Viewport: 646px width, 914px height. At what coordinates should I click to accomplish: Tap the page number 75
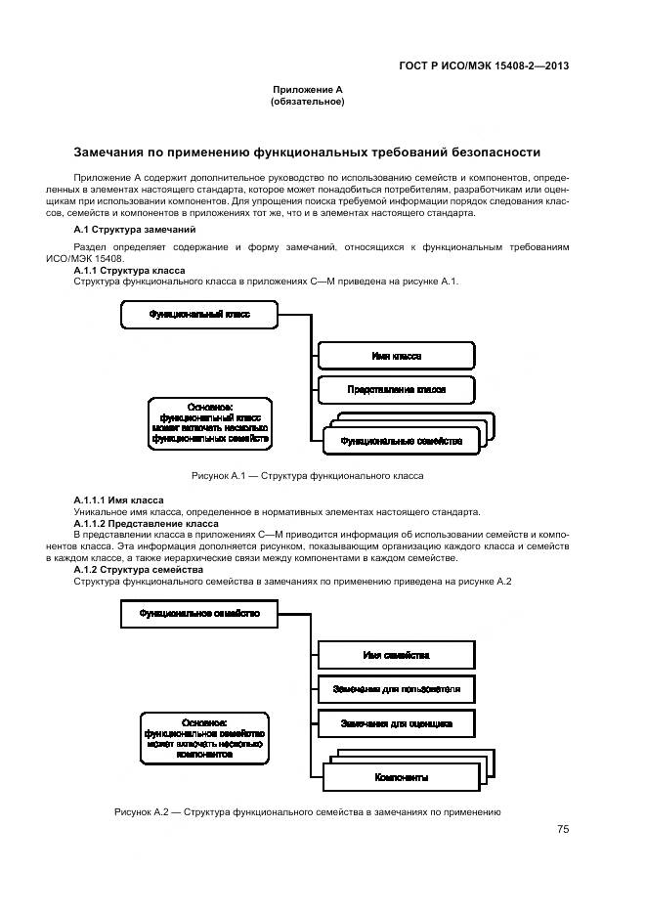[563, 829]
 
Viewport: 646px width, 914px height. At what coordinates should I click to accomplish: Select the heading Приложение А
[307, 89]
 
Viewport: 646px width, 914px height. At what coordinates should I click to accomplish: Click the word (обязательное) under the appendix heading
[307, 101]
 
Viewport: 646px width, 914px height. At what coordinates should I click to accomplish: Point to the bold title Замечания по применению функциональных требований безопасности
[307, 152]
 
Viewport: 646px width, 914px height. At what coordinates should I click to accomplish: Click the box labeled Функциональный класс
[199, 315]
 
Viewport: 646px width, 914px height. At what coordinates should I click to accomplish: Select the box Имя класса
[396, 356]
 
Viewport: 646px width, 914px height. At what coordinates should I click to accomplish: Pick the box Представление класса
[396, 389]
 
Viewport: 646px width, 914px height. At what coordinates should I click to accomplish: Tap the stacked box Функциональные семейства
[400, 441]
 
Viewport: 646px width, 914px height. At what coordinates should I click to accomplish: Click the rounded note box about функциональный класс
[209, 423]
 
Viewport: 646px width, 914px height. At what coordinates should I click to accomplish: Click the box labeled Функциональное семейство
[199, 614]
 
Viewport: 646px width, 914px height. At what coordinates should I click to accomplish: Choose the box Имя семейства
[396, 655]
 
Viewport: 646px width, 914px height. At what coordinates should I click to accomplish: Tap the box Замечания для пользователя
[396, 689]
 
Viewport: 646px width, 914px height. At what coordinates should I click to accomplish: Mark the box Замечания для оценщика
[396, 723]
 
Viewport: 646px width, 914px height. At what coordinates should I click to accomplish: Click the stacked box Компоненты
[400, 778]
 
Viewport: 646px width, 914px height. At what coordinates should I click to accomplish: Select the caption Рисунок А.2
[307, 811]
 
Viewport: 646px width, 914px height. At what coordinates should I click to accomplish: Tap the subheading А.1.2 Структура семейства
[139, 570]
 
